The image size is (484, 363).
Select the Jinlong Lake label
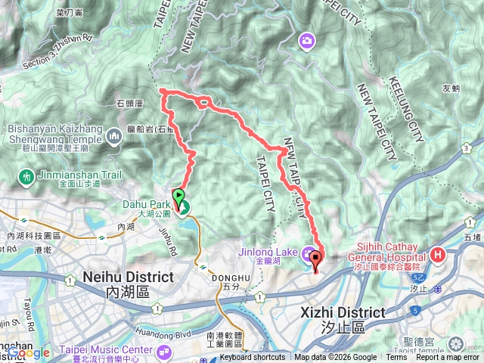277,253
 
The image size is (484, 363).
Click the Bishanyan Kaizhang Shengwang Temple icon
115,137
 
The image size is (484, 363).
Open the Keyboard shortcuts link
253,358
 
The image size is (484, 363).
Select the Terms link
397,358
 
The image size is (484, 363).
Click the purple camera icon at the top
306,40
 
